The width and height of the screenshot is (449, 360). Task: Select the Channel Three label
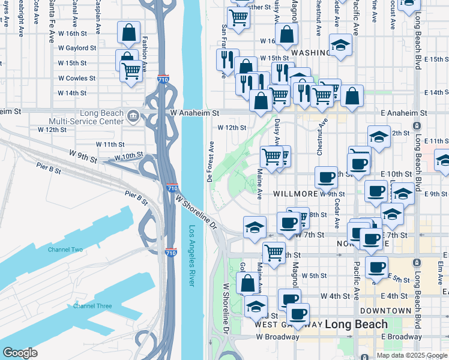click(x=92, y=306)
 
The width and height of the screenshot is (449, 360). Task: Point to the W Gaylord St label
click(x=76, y=48)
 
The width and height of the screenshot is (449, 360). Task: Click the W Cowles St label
click(x=77, y=78)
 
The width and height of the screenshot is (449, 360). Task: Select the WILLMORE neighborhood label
click(x=295, y=194)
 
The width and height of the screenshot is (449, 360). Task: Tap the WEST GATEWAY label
click(x=288, y=325)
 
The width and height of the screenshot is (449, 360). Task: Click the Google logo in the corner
click(x=20, y=353)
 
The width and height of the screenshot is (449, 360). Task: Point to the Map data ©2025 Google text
click(x=412, y=355)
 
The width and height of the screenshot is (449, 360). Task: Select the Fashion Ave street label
click(x=145, y=49)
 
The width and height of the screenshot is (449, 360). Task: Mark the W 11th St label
click(x=110, y=145)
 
